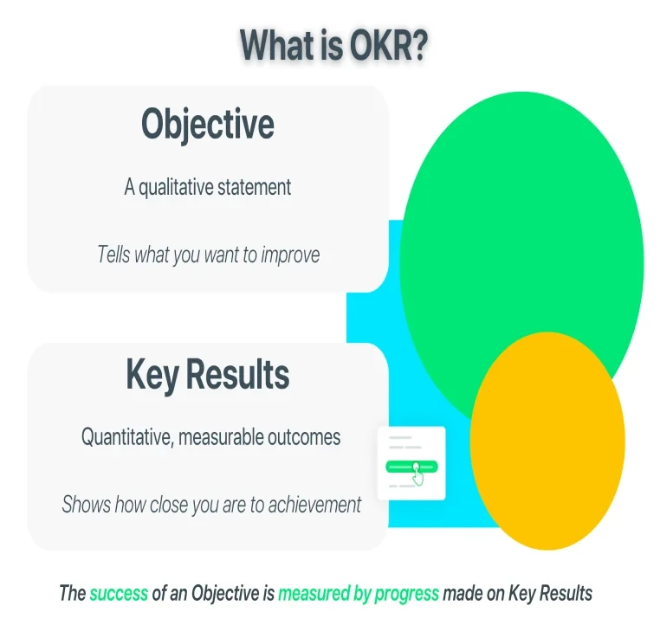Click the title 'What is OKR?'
[333, 45]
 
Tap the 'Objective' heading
[208, 125]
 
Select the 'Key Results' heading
[208, 375]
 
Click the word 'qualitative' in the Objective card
[176, 188]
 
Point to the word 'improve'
[290, 255]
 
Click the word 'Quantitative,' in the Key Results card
[127, 437]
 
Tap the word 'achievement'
[314, 505]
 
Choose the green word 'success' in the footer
[119, 594]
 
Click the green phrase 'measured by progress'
[359, 594]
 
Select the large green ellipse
[521, 235]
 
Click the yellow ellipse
[547, 441]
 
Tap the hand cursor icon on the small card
[417, 474]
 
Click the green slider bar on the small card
[411, 467]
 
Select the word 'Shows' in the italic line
[87, 505]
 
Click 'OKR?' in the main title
[388, 45]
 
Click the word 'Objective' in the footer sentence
[225, 594]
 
